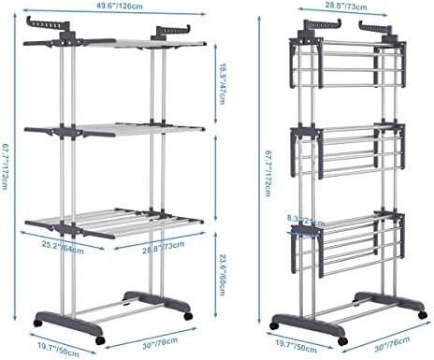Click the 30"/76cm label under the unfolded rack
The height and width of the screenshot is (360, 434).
tap(162, 345)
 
